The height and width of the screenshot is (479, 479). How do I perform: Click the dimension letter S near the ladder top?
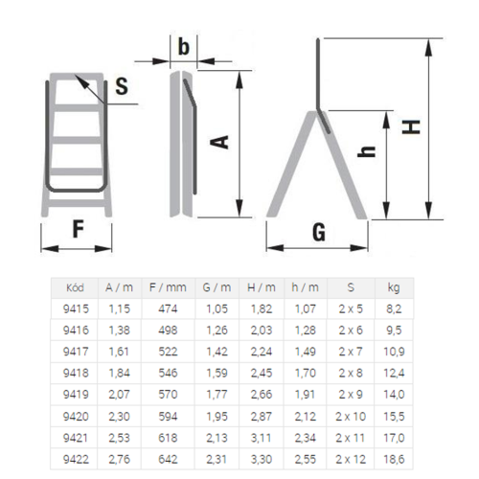[122, 86]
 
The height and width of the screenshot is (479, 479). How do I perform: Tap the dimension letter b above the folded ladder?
[184, 47]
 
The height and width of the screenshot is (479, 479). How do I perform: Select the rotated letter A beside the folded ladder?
[220, 142]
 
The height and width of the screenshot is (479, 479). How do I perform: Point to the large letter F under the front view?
[79, 229]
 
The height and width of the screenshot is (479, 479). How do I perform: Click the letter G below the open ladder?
[319, 232]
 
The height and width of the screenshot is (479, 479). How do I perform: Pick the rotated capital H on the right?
[411, 126]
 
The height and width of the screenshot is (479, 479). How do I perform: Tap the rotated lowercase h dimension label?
[366, 151]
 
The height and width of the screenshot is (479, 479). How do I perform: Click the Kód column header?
[75, 287]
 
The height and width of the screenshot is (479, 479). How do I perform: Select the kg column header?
[394, 288]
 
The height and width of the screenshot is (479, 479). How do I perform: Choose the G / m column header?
[217, 287]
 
